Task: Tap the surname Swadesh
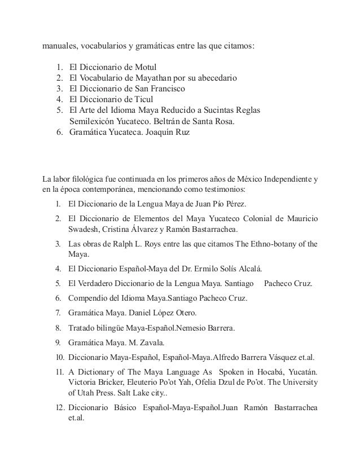(x=85, y=228)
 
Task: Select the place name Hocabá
(x=265, y=372)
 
